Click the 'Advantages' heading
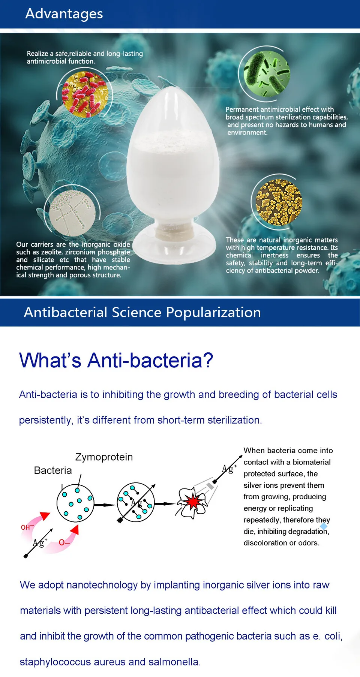pyautogui.click(x=64, y=14)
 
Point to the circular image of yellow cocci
pyautogui.click(x=279, y=202)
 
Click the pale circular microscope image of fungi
pyautogui.click(x=72, y=213)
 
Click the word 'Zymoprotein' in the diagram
pyautogui.click(x=104, y=457)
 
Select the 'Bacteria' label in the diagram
pyautogui.click(x=53, y=470)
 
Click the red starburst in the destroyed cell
pyautogui.click(x=193, y=502)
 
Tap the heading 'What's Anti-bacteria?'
pyautogui.click(x=116, y=360)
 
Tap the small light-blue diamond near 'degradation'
pyautogui.click(x=324, y=526)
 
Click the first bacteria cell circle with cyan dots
pyautogui.click(x=75, y=503)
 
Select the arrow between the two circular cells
pyautogui.click(x=105, y=505)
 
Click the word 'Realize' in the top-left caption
pyautogui.click(x=37, y=54)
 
